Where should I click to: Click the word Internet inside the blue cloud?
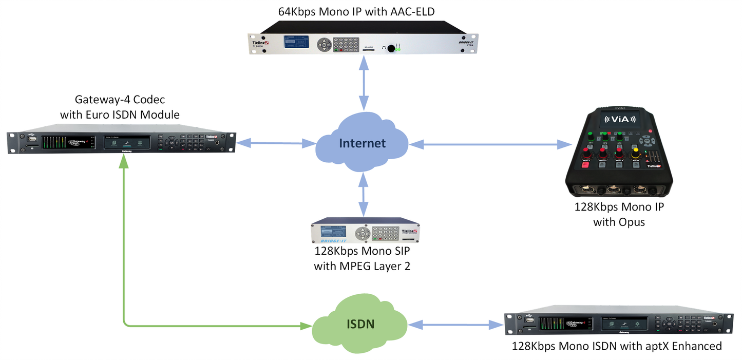tap(362, 143)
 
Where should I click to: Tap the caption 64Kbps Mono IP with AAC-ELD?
tap(364, 10)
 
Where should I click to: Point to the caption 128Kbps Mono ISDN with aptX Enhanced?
tap(616, 346)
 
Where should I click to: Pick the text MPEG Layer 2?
tap(365, 266)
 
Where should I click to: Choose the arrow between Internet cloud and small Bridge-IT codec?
tap(364, 194)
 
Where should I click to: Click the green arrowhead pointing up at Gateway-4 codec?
tap(123, 161)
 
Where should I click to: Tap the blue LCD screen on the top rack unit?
tap(294, 43)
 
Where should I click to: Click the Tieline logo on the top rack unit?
tap(258, 36)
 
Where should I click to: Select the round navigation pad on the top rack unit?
tap(324, 45)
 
